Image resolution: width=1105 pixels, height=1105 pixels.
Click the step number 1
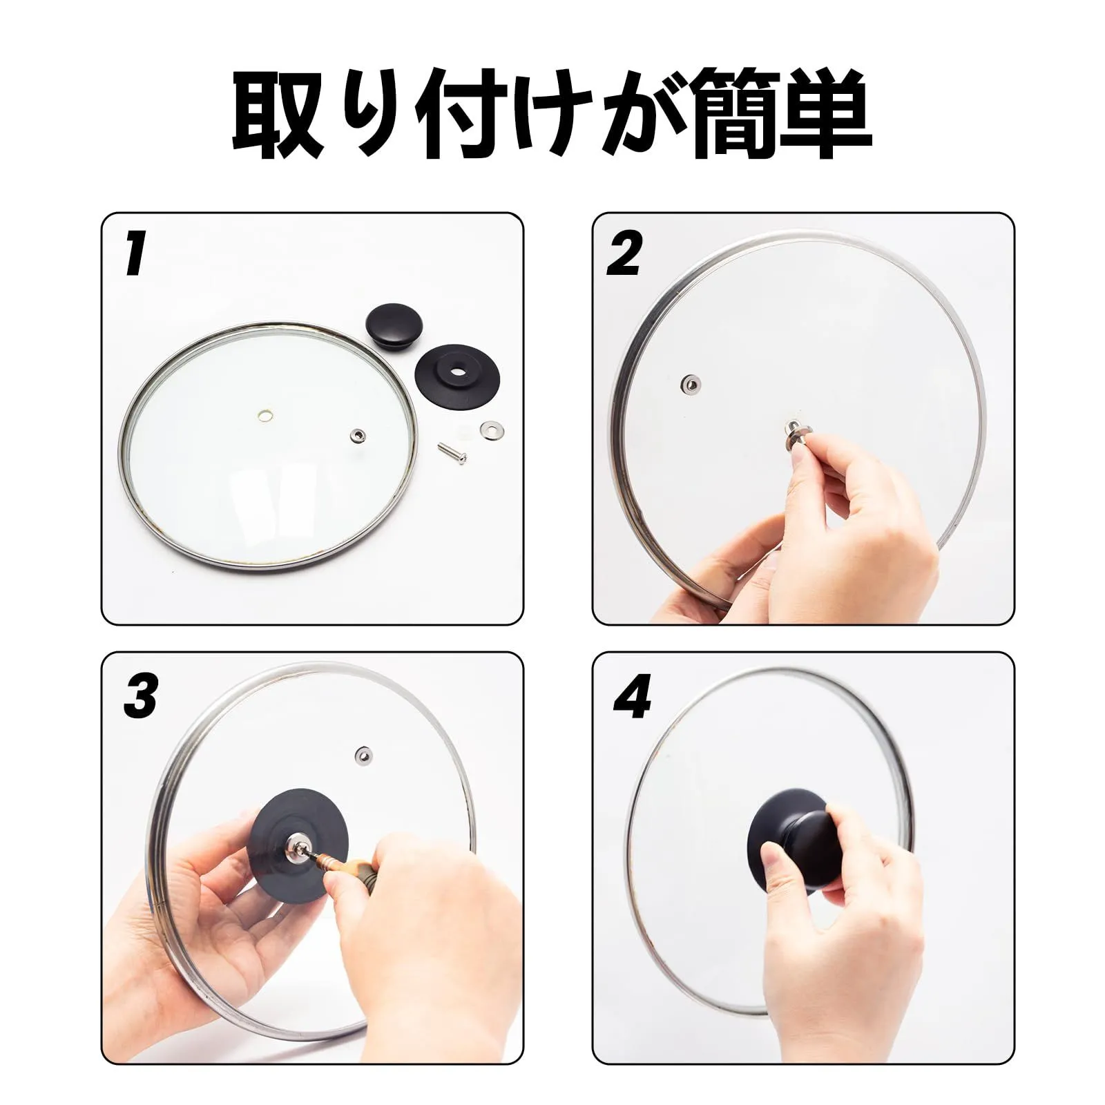coord(135,253)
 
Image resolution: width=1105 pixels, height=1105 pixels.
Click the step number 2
coord(624,253)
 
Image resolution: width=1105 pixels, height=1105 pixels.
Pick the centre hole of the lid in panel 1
coord(263,415)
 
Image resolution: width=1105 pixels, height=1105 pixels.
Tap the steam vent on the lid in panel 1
coord(358,434)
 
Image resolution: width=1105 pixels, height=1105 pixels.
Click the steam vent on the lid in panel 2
coord(690,383)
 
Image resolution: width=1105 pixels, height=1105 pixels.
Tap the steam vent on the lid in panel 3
coord(361,754)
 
